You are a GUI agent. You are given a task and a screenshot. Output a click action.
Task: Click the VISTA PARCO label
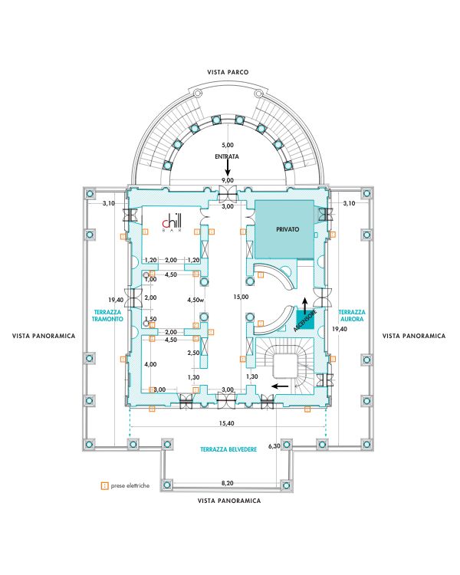pos(228,72)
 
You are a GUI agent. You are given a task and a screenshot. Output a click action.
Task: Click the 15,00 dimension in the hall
pos(242,297)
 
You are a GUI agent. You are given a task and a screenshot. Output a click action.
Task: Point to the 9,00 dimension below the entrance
pos(228,180)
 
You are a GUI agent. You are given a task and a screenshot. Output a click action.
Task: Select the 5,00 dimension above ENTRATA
pos(228,145)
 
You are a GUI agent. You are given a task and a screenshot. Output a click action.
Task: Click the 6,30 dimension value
pos(274,445)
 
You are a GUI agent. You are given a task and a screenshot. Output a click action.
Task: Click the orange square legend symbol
pos(104,485)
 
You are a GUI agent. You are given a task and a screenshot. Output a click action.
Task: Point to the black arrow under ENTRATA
pos(228,167)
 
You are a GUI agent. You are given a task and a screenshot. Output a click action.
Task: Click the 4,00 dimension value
pos(151,364)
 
